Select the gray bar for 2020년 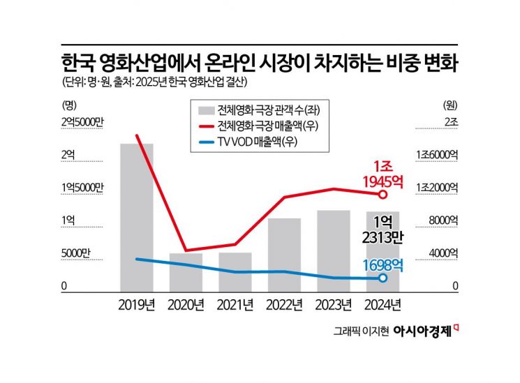coord(186,272)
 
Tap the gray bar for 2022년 coord(284,255)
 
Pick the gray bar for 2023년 coord(334,250)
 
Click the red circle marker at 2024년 coord(382,194)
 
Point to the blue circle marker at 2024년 coord(382,278)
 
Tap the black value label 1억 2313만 coord(383,230)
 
